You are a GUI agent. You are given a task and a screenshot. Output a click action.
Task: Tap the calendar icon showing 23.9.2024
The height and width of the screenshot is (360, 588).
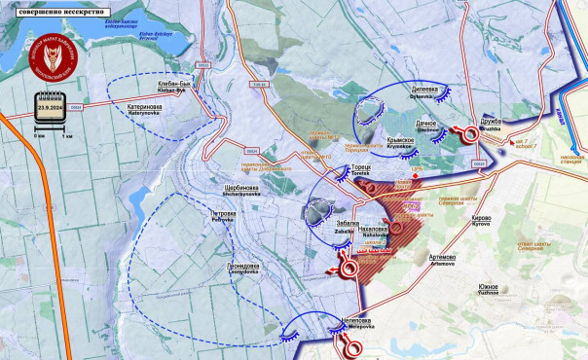coord(50,104)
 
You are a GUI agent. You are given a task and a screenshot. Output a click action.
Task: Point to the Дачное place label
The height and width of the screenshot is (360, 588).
coord(400,125)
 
